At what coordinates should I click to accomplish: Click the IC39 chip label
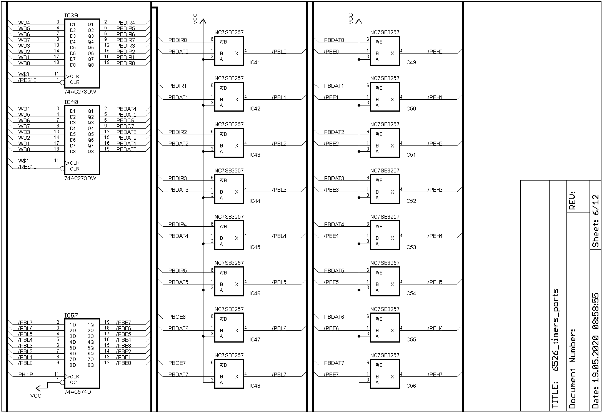pyautogui.click(x=71, y=16)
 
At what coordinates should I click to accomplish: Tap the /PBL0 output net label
pyautogui.click(x=279, y=52)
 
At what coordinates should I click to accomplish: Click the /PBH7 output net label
pyautogui.click(x=435, y=375)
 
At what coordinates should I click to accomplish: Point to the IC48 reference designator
pyautogui.click(x=255, y=386)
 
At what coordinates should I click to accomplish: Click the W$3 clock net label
pyautogui.click(x=24, y=74)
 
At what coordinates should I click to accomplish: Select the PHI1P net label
pyautogui.click(x=26, y=375)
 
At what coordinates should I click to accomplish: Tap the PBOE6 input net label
pyautogui.click(x=177, y=317)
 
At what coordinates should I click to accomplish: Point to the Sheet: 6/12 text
pyautogui.click(x=595, y=221)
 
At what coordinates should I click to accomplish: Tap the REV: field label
pyautogui.click(x=572, y=200)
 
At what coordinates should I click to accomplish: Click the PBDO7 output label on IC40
pyautogui.click(x=125, y=126)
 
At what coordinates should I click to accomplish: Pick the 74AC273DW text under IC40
pyautogui.click(x=80, y=179)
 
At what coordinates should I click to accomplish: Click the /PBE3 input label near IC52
pyautogui.click(x=331, y=190)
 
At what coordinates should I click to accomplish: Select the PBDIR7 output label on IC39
pyautogui.click(x=125, y=40)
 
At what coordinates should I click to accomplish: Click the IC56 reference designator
pyautogui.click(x=410, y=386)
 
